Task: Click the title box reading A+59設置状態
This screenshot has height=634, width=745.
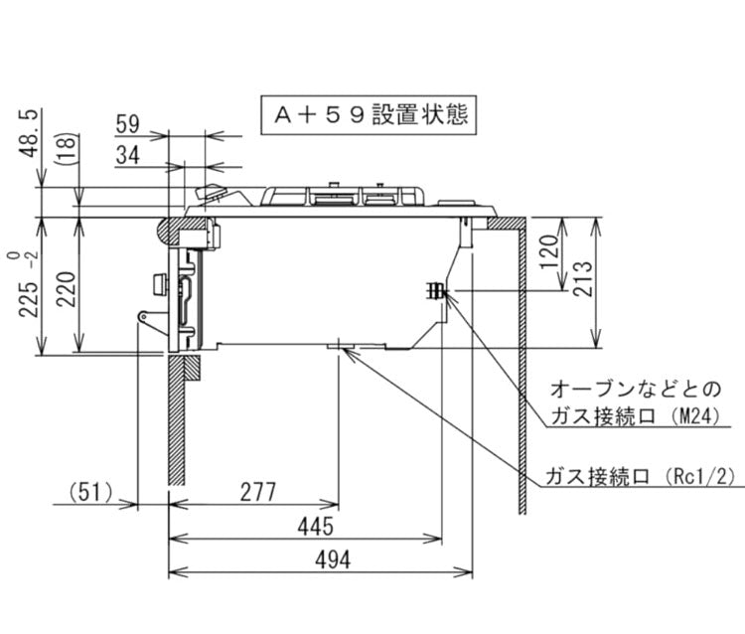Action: [369, 114]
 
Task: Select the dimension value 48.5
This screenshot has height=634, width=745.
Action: [29, 132]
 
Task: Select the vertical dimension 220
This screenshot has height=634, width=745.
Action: [64, 287]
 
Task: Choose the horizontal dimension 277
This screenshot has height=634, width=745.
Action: [256, 491]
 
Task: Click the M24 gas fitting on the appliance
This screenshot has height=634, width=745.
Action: [436, 291]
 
